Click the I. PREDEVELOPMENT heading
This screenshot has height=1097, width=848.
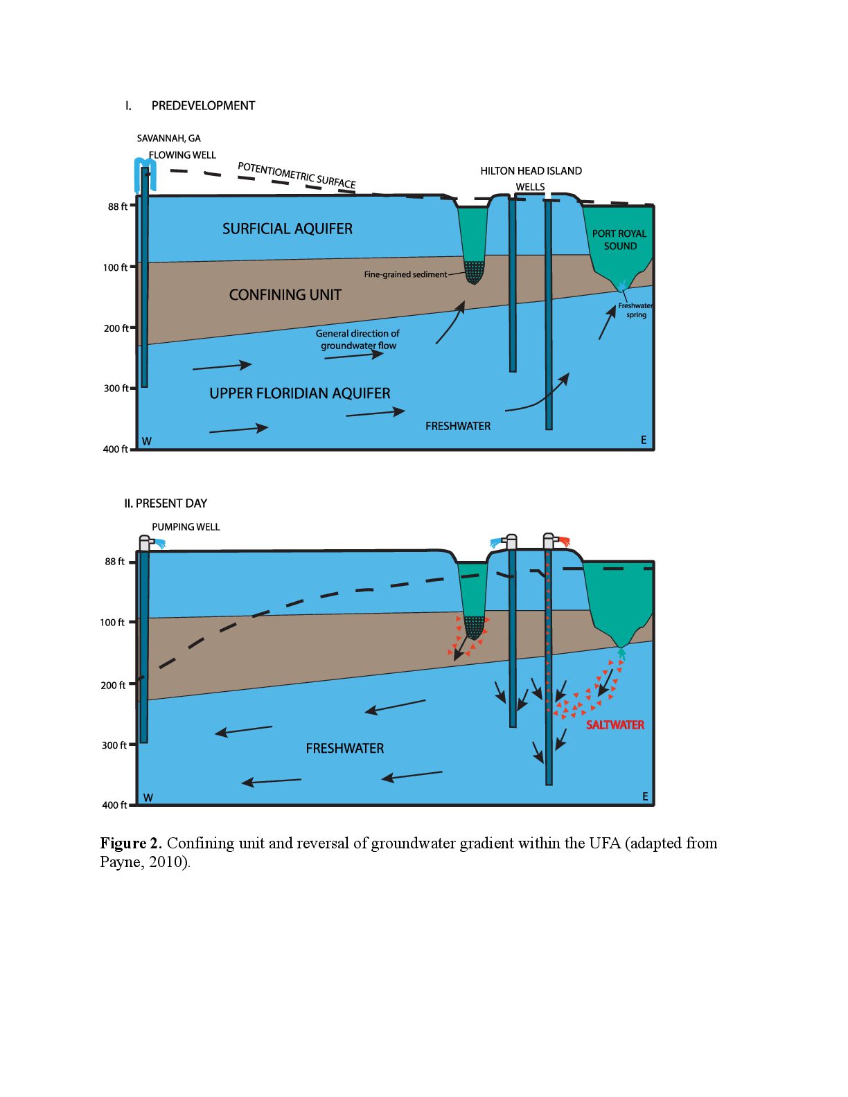pyautogui.click(x=190, y=105)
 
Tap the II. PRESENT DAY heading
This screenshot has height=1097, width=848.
pyautogui.click(x=166, y=503)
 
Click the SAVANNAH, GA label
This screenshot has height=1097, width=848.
pyautogui.click(x=168, y=139)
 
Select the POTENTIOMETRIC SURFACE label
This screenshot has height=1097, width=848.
pyautogui.click(x=297, y=175)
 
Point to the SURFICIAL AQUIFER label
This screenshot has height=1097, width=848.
pyautogui.click(x=287, y=229)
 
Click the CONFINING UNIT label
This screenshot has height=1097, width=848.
pyautogui.click(x=285, y=295)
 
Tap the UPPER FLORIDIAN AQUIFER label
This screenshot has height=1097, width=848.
pyautogui.click(x=300, y=393)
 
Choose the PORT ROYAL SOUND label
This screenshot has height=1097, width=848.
pyautogui.click(x=619, y=240)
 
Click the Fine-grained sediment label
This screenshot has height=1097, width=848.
pyautogui.click(x=405, y=274)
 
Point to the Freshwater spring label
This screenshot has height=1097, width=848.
pyautogui.click(x=635, y=310)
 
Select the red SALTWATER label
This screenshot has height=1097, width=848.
pyautogui.click(x=615, y=725)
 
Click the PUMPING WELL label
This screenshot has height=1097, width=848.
pyautogui.click(x=186, y=527)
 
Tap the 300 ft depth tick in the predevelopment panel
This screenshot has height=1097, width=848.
pyautogui.click(x=132, y=388)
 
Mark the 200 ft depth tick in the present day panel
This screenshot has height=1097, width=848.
pyautogui.click(x=132, y=685)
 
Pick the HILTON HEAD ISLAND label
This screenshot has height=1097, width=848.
pyautogui.click(x=531, y=171)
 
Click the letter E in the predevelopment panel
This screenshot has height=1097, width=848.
pyautogui.click(x=644, y=440)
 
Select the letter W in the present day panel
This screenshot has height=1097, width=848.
pyautogui.click(x=148, y=798)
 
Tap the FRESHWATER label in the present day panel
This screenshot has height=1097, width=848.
pyautogui.click(x=344, y=749)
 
